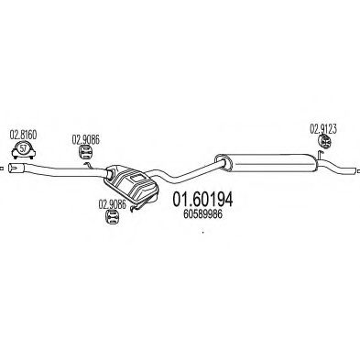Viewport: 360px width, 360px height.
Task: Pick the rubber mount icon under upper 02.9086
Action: pyautogui.click(x=87, y=156)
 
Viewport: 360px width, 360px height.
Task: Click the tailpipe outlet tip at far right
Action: pyautogui.click(x=355, y=171)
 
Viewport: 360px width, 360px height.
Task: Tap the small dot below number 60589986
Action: pyautogui.click(x=202, y=231)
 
